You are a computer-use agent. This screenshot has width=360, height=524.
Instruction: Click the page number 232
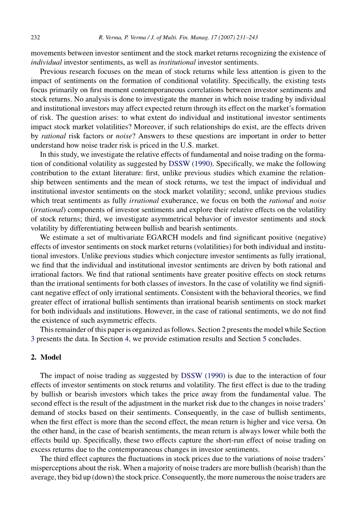point(35,38)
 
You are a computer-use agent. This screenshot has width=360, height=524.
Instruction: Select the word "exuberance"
point(168,200)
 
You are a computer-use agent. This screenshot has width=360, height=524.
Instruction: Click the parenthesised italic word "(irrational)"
point(47,209)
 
